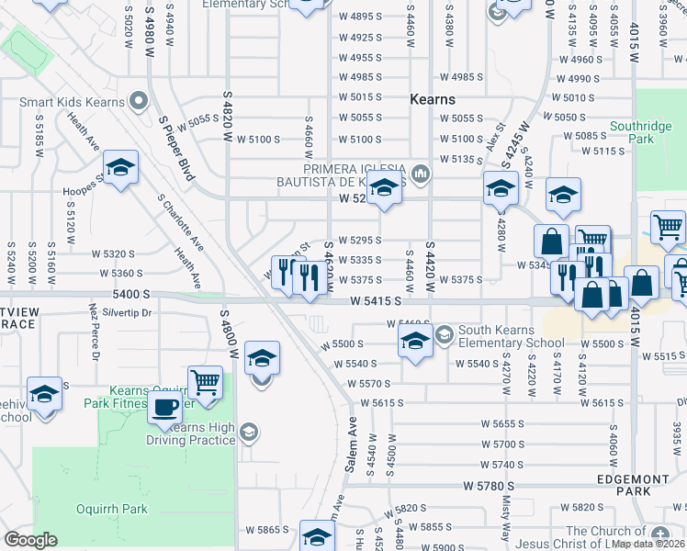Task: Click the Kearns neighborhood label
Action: (x=433, y=99)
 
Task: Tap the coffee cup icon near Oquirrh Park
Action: (x=165, y=407)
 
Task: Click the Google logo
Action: (x=30, y=540)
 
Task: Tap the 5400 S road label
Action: (x=131, y=295)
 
